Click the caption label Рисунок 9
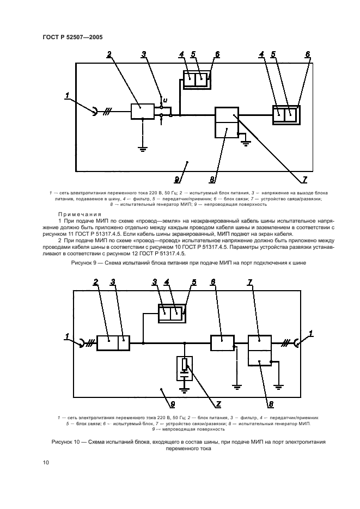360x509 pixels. pyautogui.click(x=86, y=262)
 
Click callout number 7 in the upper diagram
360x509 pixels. pyautogui.click(x=305, y=179)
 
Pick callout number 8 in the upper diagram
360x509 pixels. pyautogui.click(x=212, y=179)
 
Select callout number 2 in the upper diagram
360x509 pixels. pyautogui.click(x=109, y=54)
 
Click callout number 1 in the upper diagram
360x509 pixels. pyautogui.click(x=67, y=96)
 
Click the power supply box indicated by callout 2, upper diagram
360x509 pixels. pyautogui.click(x=143, y=111)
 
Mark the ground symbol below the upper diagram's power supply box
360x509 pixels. pyautogui.click(x=143, y=146)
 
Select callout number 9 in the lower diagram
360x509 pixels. pyautogui.click(x=172, y=404)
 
